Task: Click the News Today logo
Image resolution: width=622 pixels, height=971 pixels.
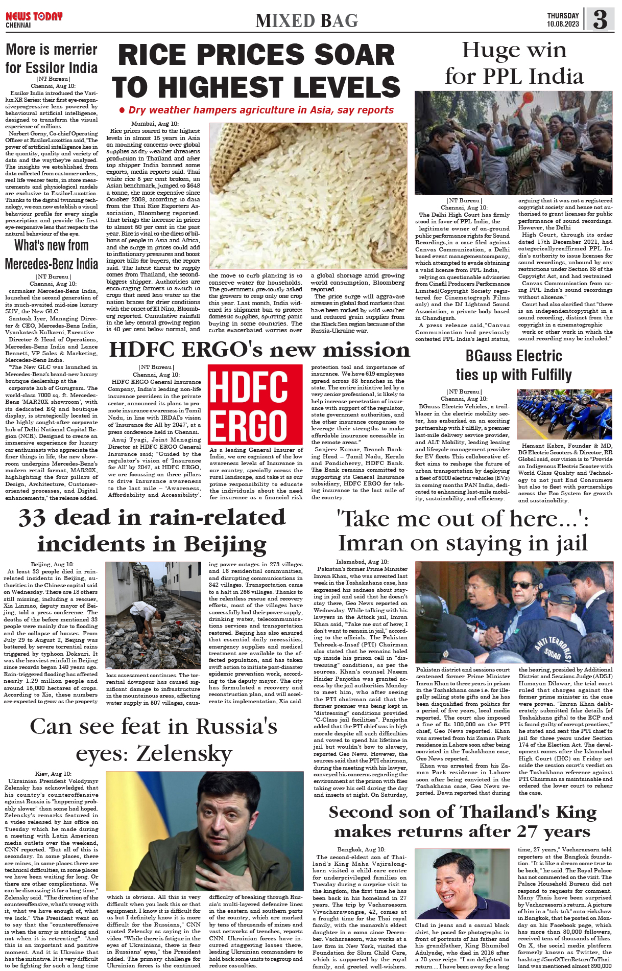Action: [34, 17]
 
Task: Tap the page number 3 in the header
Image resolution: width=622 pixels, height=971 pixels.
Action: [600, 19]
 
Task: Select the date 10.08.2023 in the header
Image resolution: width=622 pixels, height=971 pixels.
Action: [563, 24]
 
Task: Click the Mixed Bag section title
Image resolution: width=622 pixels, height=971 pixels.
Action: [306, 20]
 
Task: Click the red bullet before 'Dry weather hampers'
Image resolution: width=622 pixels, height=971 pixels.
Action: [122, 110]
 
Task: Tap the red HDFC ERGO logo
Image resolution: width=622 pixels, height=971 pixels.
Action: [255, 404]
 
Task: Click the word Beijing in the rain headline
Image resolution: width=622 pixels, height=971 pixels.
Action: [225, 544]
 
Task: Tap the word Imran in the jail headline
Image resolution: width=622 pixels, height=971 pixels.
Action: [371, 543]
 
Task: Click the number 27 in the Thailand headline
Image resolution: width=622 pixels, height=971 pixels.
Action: [530, 831]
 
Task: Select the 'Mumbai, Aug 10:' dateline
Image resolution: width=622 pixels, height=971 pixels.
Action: [155, 124]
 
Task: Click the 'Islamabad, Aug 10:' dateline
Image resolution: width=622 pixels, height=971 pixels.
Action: [362, 562]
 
